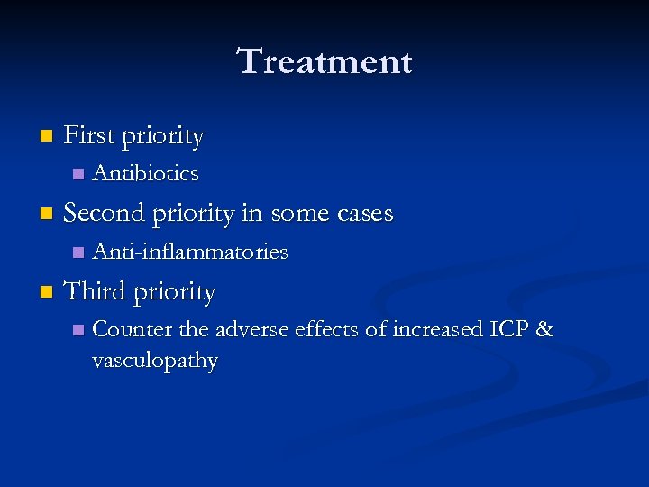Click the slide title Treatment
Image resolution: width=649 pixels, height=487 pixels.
pyautogui.click(x=324, y=62)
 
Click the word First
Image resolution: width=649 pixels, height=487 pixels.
pyautogui.click(x=89, y=136)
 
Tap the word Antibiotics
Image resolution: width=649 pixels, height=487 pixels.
pyautogui.click(x=145, y=172)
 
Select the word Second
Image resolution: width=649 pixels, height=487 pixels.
pyautogui.click(x=105, y=213)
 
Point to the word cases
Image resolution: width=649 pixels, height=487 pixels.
pyautogui.click(x=365, y=214)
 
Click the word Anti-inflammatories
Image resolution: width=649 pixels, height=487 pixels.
pyautogui.click(x=190, y=252)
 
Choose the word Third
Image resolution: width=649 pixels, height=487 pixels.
pyautogui.click(x=96, y=291)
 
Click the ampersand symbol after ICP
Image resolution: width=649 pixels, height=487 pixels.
pyautogui.click(x=544, y=330)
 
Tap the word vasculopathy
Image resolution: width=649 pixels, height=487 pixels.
pyautogui.click(x=155, y=361)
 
